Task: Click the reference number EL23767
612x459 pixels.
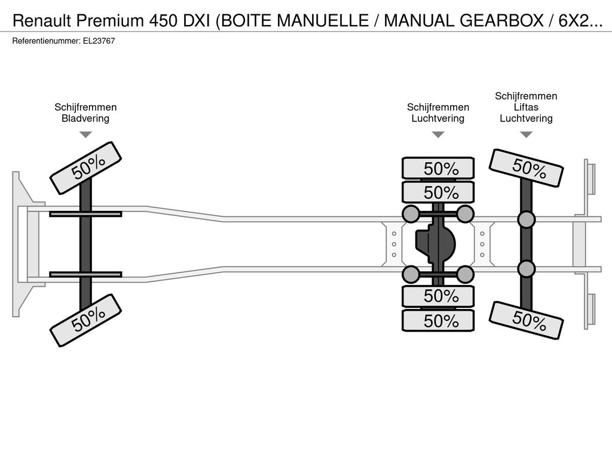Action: pos(99,41)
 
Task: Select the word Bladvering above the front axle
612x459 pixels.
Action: pos(85,118)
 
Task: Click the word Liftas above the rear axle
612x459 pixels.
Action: pos(526,107)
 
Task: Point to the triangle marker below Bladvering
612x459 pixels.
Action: pos(85,134)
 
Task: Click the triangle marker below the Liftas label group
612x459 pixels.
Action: pos(526,134)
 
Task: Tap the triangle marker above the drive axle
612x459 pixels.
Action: pos(438,134)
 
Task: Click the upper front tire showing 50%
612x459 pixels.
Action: pos(85,168)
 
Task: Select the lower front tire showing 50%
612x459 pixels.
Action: pos(85,320)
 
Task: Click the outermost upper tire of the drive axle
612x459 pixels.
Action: pos(438,168)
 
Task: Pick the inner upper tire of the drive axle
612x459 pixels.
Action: pos(438,192)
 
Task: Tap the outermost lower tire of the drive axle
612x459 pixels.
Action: pos(438,321)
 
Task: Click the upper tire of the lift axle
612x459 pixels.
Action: pos(526,168)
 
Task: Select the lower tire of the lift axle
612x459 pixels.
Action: pos(526,320)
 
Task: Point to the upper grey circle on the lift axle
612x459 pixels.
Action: pos(526,220)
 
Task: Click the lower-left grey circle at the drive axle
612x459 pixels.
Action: pos(411,274)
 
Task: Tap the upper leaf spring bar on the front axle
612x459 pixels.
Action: pos(85,214)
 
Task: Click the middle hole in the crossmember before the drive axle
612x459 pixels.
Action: pos(394,244)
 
